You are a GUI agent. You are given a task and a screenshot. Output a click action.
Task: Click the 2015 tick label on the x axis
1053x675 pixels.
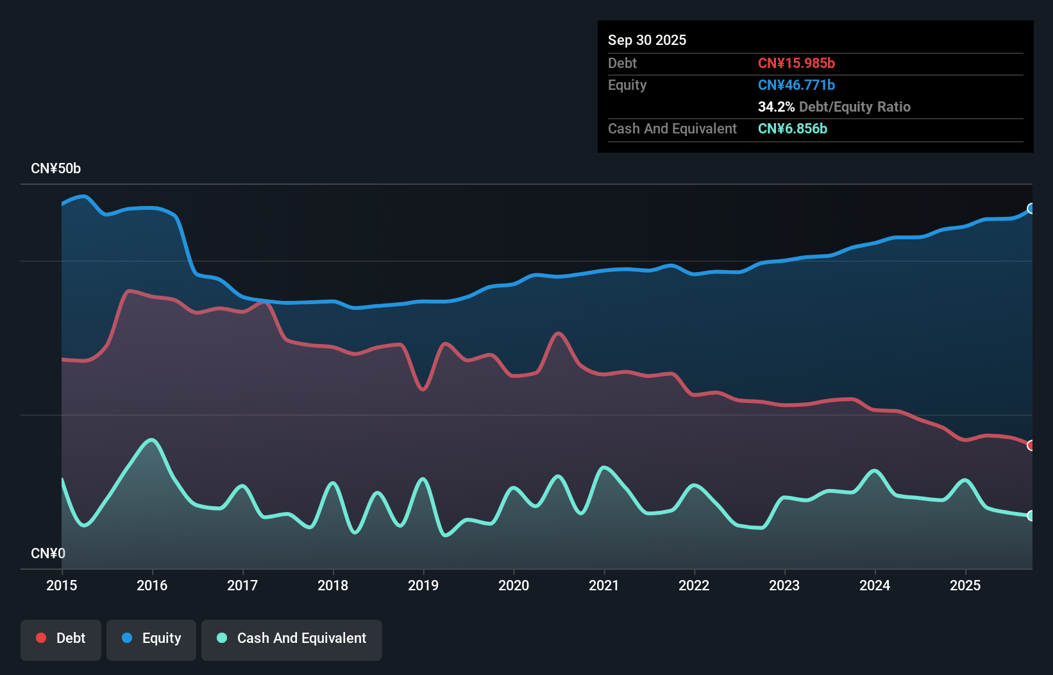coord(62,585)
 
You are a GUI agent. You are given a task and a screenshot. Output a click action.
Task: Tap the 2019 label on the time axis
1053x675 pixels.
coord(423,585)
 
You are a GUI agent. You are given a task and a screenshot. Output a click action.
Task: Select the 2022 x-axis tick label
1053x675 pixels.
coord(694,585)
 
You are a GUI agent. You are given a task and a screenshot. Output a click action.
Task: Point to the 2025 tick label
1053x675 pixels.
coord(965,585)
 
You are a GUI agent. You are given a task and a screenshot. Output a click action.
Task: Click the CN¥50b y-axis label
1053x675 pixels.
coord(56,169)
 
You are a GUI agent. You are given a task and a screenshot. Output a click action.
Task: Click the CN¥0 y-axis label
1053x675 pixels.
coord(48,553)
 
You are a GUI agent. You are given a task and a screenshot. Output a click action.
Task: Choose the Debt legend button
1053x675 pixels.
coord(61,638)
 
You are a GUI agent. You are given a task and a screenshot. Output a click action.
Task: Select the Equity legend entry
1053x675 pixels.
coord(151,638)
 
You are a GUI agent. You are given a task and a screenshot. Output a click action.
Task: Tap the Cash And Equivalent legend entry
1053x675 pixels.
coord(292,638)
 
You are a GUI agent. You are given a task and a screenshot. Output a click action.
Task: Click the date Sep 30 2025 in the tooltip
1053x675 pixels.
coord(647,40)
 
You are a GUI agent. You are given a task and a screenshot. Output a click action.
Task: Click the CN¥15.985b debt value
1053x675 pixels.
coord(796,63)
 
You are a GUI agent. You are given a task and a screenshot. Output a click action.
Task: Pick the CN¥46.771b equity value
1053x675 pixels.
coord(796,85)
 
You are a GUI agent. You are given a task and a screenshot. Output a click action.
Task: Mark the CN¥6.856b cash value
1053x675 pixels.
coord(792,128)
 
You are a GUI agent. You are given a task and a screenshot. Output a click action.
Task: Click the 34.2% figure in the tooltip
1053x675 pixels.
coord(776,107)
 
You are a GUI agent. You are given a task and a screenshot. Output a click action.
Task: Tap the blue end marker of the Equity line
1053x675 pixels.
coord(1031,209)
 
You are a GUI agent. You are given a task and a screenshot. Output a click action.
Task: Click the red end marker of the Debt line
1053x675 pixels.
coord(1031,445)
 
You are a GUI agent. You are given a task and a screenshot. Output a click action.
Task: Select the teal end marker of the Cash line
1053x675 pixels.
coord(1031,516)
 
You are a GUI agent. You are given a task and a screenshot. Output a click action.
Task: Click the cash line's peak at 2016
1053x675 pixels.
coord(152,440)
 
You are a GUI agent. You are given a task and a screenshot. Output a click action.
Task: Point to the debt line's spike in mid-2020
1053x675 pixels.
coord(559,334)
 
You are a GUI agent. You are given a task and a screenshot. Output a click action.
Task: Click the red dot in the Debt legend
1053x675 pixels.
coord(41,638)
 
